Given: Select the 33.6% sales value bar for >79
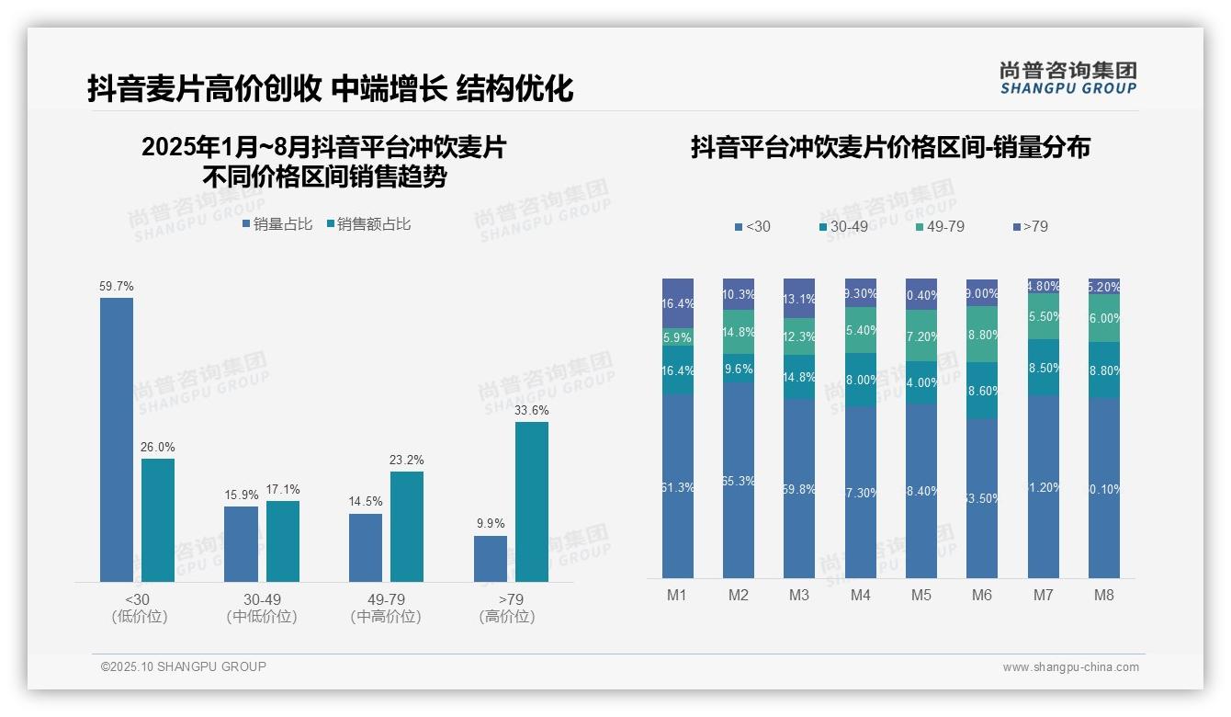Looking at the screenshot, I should click(x=531, y=501).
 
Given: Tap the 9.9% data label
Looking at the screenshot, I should click(x=491, y=524).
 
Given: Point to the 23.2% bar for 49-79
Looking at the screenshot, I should click(x=407, y=526).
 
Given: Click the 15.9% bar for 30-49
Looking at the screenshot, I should click(x=242, y=543).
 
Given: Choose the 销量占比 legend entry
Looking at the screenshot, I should click(x=277, y=224).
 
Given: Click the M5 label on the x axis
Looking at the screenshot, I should click(x=921, y=595).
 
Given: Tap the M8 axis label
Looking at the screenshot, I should click(x=1104, y=595).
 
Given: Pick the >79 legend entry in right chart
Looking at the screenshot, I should click(x=1030, y=226).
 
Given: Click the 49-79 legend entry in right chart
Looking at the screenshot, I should click(x=940, y=226).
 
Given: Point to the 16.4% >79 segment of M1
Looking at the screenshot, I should click(x=678, y=303).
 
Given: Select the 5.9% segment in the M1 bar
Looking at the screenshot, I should click(x=678, y=337).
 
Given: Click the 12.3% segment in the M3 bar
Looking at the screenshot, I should click(x=799, y=336).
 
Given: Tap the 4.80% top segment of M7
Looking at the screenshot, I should click(x=1044, y=286).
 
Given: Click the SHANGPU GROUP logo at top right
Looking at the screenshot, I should click(x=1068, y=78).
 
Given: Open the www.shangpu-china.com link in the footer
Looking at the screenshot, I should click(x=1070, y=667).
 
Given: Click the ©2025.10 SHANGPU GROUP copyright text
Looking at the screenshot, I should click(x=184, y=666).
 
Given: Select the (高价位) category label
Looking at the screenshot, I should click(x=507, y=617).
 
